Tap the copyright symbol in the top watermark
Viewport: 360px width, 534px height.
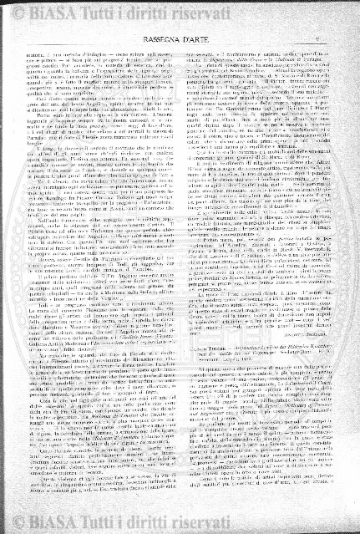tap(13, 13)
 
